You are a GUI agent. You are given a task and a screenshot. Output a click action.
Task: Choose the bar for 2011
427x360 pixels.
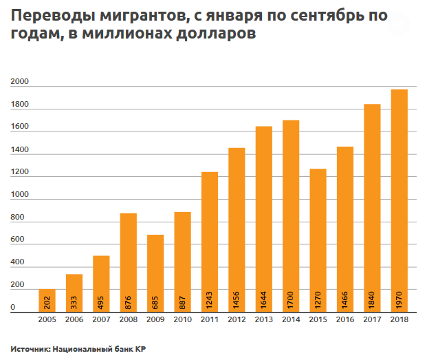point(210,242)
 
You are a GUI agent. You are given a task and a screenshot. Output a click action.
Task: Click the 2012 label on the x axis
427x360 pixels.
point(237,321)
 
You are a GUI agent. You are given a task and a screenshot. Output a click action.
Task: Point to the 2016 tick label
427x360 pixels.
point(344,321)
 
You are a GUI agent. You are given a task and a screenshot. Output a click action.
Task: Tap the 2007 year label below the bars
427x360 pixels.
point(101,321)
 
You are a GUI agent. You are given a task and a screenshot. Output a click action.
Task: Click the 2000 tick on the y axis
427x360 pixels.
point(19,83)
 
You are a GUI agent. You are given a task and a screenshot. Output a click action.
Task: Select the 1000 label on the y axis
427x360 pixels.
point(19,195)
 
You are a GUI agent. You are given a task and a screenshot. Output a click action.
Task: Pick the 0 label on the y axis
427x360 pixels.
point(13,308)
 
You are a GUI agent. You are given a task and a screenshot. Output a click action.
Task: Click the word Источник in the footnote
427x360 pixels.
point(30,349)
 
